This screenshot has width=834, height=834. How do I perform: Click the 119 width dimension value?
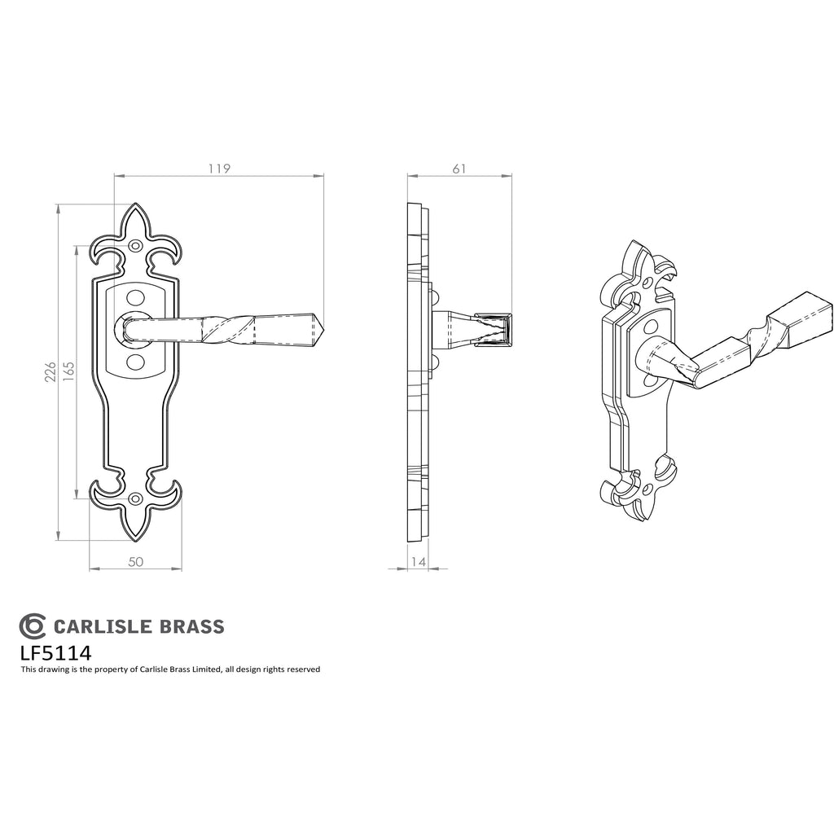pyautogui.click(x=219, y=169)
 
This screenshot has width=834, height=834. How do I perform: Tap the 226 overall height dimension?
pyautogui.click(x=50, y=372)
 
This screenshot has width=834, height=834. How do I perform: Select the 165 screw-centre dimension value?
pyautogui.click(x=68, y=372)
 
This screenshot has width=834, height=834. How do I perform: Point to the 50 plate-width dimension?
pyautogui.click(x=136, y=562)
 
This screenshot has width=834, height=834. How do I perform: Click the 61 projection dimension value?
pyautogui.click(x=459, y=169)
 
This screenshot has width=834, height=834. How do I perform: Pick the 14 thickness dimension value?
pyautogui.click(x=419, y=562)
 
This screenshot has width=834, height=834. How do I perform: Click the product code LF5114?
pyautogui.click(x=56, y=652)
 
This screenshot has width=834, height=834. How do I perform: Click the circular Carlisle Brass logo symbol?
pyautogui.click(x=33, y=626)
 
